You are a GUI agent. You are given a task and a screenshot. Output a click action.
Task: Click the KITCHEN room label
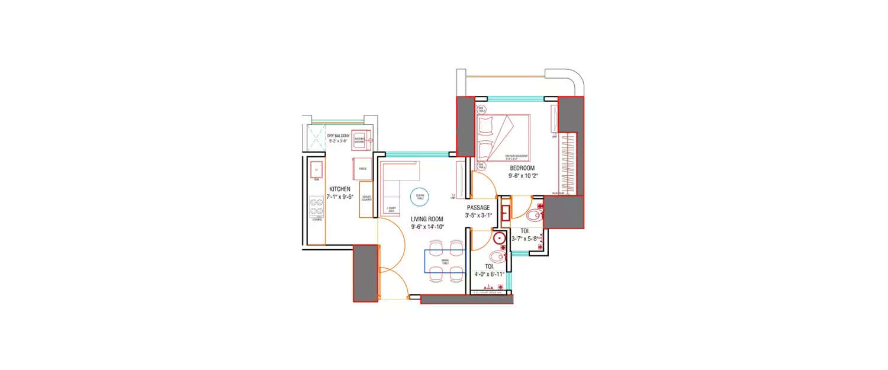(x=340, y=189)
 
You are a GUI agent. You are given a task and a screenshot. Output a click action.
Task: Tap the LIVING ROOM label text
(x=427, y=219)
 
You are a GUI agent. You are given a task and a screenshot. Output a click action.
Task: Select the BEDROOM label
(x=522, y=168)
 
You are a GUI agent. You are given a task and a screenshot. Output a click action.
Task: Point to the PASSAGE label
(x=478, y=208)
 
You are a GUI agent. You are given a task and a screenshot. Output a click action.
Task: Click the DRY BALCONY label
(x=338, y=136)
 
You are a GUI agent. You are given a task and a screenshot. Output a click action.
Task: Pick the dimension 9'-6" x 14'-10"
(x=427, y=227)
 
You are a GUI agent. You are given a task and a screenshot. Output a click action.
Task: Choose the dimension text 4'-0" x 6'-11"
(x=489, y=274)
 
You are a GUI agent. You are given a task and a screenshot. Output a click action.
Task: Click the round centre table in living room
(x=419, y=197)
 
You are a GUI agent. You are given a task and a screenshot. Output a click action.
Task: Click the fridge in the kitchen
(x=362, y=168)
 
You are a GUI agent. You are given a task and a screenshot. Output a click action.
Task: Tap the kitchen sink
(x=316, y=170)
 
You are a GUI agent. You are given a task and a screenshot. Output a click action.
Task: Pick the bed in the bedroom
(x=503, y=137)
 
